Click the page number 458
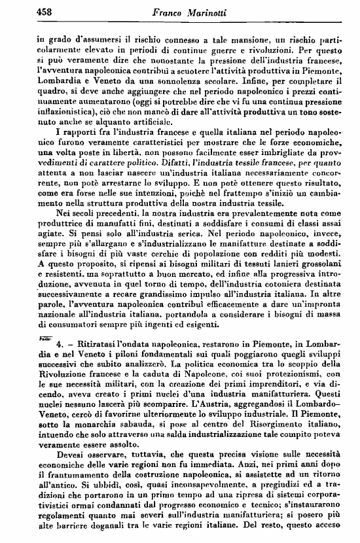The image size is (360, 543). (28, 10)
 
